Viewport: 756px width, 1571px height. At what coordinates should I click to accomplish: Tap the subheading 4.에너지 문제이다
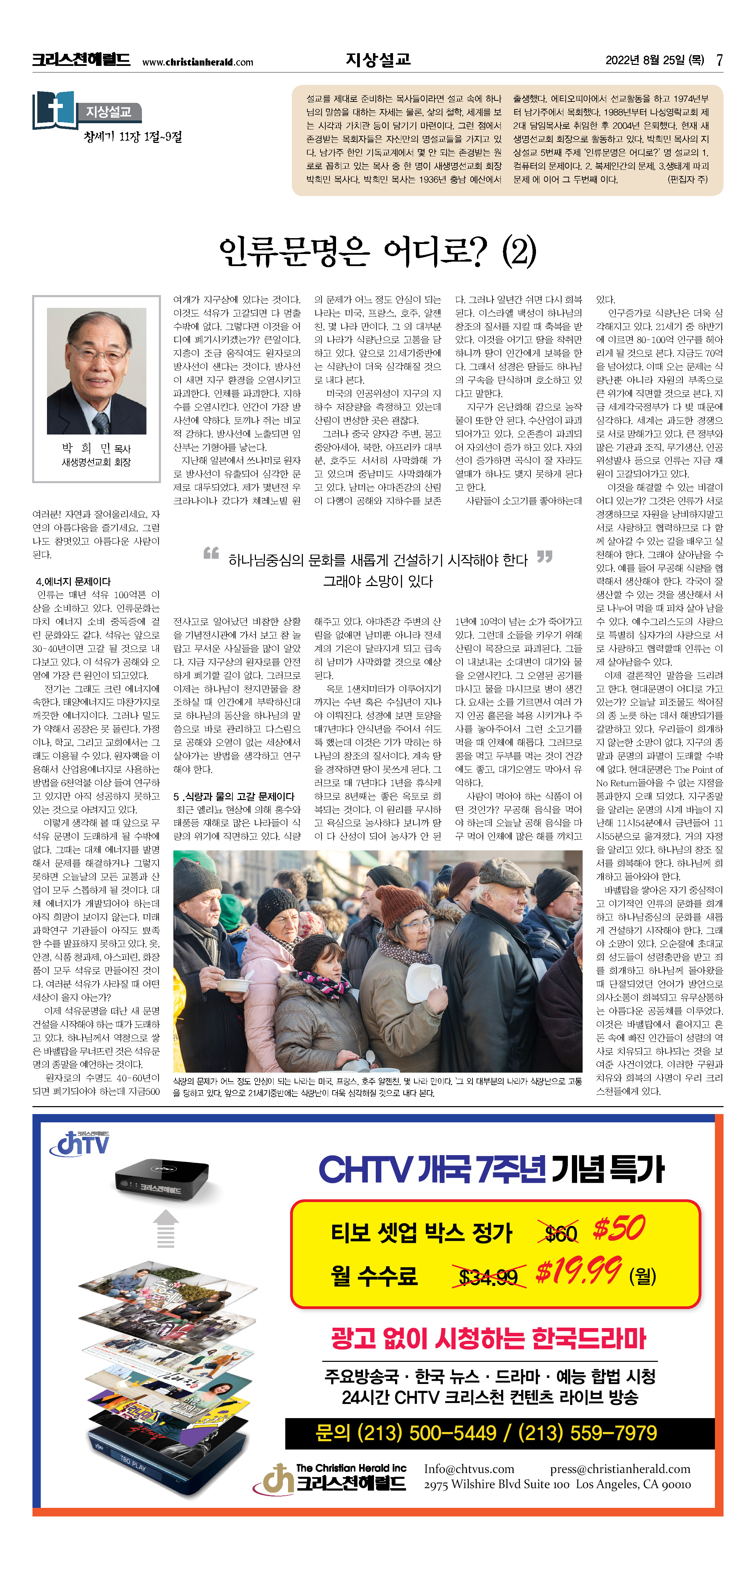[73, 581]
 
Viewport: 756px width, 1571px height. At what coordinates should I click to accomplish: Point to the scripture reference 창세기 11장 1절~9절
[133, 137]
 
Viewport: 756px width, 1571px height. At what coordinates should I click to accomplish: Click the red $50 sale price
[619, 1228]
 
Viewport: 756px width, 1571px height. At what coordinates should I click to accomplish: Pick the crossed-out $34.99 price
[488, 1276]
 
